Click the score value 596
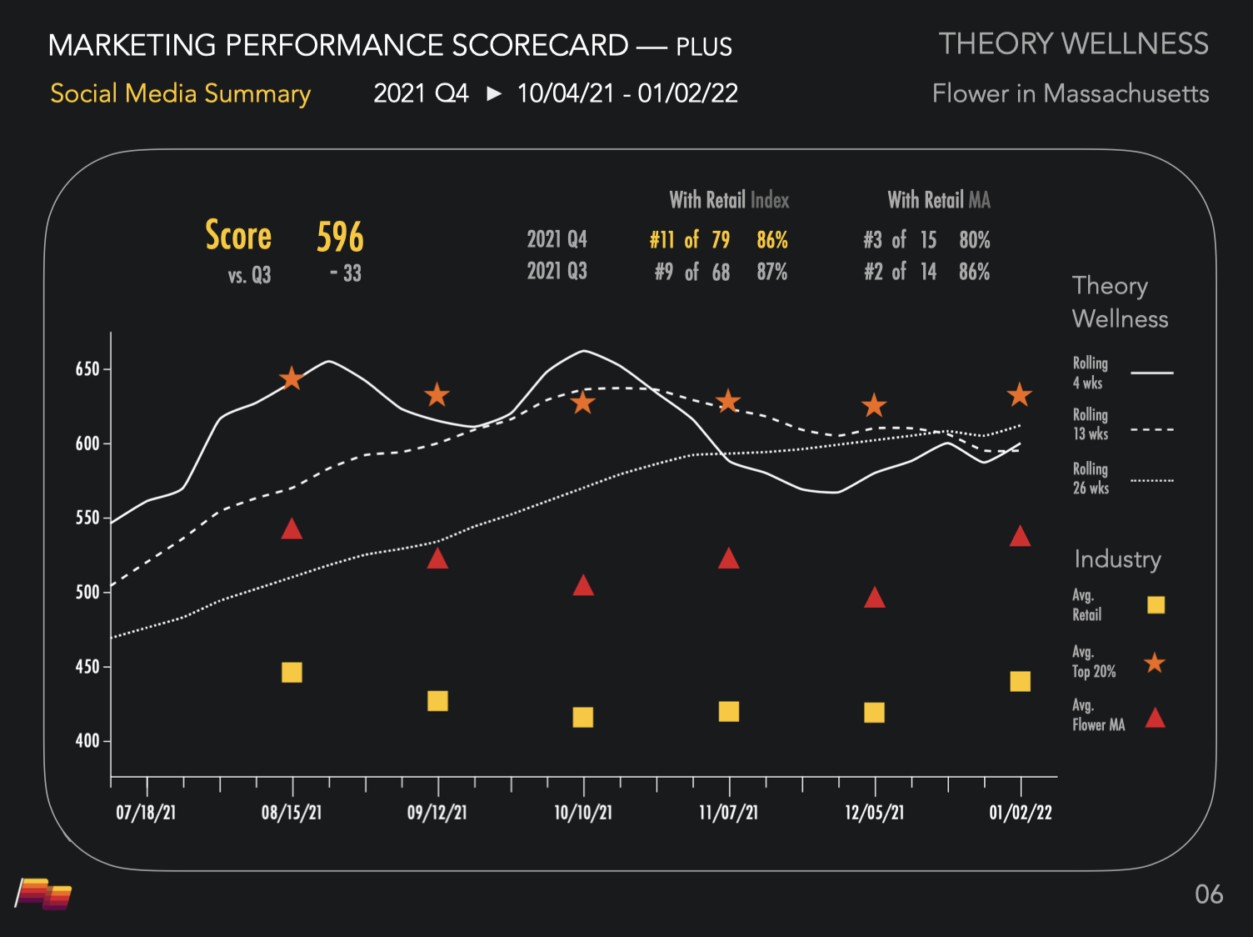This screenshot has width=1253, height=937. coord(340,238)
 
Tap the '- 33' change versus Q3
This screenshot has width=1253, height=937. coord(345,273)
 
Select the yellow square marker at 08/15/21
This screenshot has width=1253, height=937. coord(292,672)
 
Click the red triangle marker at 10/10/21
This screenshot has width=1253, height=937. coord(583,586)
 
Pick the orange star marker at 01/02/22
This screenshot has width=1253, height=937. coord(1020,395)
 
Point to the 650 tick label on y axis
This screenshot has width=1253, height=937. coord(87,369)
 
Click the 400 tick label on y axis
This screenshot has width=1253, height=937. coord(87,741)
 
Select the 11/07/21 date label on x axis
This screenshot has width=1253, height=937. coord(729,813)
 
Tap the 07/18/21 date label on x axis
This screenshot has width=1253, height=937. coord(146,813)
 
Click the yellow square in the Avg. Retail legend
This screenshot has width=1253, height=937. coord(1156,605)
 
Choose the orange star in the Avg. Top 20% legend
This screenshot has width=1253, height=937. coord(1155,664)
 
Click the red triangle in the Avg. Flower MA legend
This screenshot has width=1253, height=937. coord(1155,718)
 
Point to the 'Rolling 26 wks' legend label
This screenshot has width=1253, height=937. coord(1091,479)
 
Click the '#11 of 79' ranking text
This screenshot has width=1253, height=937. coord(690,241)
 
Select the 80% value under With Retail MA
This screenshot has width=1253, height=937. coord(975,241)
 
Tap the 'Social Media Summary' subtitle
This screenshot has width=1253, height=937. coord(180,93)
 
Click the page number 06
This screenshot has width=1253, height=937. coord(1209,894)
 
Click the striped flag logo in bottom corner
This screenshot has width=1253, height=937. coord(44,894)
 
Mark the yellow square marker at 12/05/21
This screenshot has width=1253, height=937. coord(874,712)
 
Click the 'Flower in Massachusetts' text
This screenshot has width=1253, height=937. coord(1071,93)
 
